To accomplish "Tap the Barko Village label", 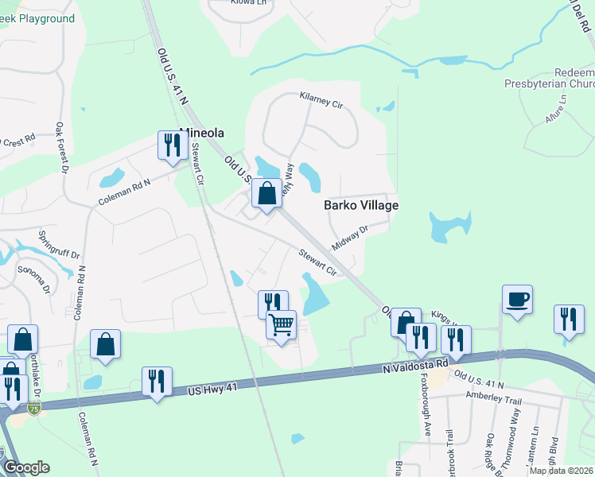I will (361, 205).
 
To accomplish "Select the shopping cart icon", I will (281, 325).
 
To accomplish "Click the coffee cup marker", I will (517, 299).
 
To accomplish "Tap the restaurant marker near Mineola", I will (170, 145).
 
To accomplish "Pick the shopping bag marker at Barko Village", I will (267, 193).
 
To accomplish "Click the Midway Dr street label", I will (350, 237).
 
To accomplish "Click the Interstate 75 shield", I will (33, 409).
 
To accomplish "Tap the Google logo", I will (26, 467).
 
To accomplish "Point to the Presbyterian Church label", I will (550, 83).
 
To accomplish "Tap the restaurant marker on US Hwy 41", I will (156, 381).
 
